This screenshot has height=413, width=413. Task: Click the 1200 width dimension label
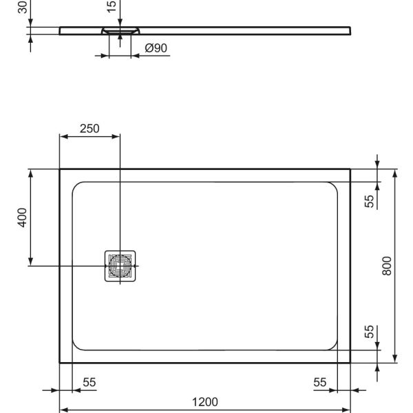205,402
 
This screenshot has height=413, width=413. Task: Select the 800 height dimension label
387,266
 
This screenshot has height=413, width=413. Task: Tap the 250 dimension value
89,129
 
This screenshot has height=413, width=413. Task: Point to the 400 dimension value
23,218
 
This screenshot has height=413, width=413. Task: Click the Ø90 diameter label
156,48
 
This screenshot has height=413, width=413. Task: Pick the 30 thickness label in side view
23,8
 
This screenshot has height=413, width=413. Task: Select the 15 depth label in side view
112,7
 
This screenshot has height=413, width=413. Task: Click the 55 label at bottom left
89,382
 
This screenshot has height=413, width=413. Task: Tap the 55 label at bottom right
320,382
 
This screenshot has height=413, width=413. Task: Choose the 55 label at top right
369,201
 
